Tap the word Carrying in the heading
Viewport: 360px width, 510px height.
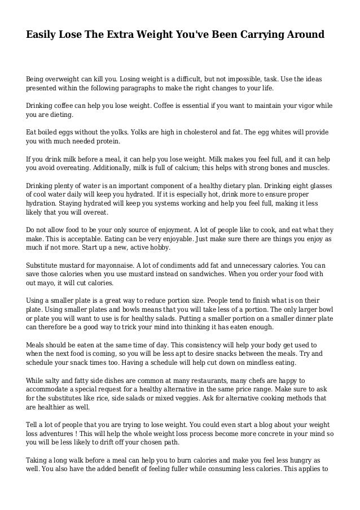click(x=264, y=35)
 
